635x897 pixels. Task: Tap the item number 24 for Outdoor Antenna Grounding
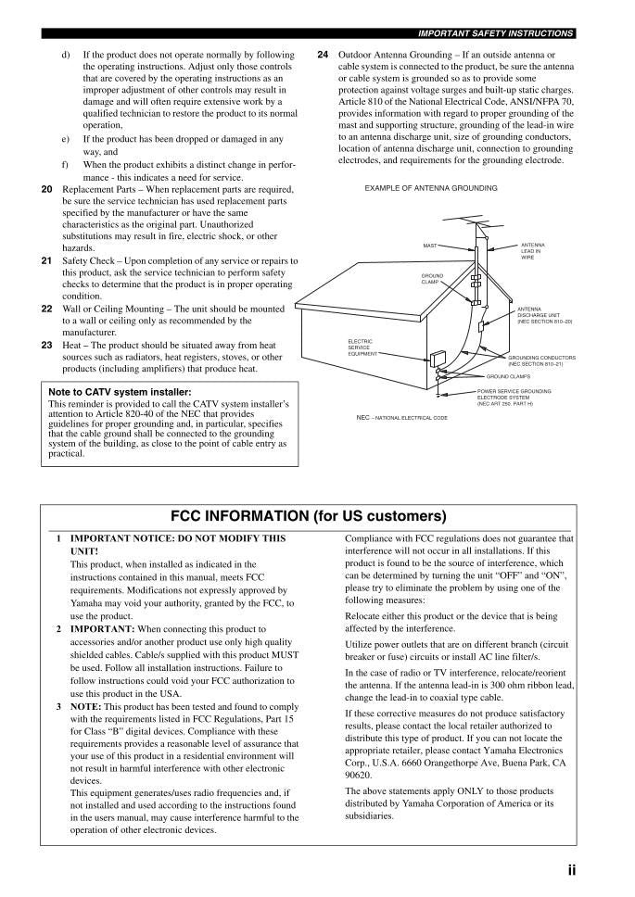(x=323, y=55)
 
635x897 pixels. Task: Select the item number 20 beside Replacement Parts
(x=47, y=188)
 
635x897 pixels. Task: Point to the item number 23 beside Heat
(x=47, y=345)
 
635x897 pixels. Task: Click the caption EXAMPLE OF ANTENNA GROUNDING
(x=431, y=188)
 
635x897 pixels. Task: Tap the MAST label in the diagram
(x=429, y=246)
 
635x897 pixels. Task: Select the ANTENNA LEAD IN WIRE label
(x=533, y=251)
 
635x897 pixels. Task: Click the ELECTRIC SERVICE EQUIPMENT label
(x=361, y=347)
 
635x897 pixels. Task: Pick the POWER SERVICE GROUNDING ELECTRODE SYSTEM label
(x=514, y=398)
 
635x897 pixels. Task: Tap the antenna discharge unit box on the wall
(x=481, y=326)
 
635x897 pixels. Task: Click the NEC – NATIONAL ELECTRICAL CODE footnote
(x=401, y=418)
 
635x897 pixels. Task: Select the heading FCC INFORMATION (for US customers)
(x=309, y=515)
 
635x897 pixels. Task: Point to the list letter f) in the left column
(x=66, y=164)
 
